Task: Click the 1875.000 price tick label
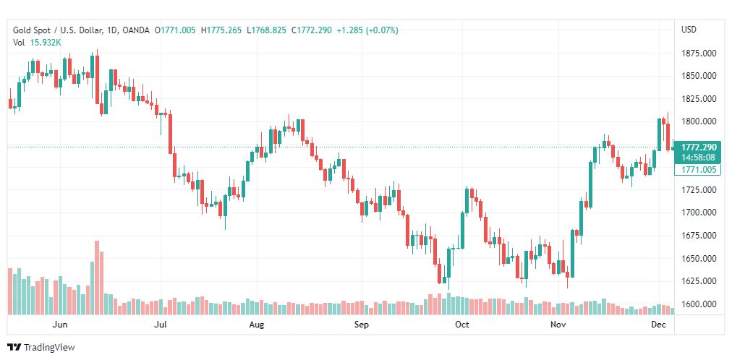pyautogui.click(x=698, y=53)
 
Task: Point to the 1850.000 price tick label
pyautogui.click(x=698, y=75)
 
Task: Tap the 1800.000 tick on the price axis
pyautogui.click(x=698, y=121)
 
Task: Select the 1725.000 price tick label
pyautogui.click(x=698, y=189)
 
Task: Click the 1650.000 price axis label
pyautogui.click(x=698, y=258)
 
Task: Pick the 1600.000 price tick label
pyautogui.click(x=698, y=304)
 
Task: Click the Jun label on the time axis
pyautogui.click(x=61, y=325)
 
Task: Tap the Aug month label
pyautogui.click(x=258, y=325)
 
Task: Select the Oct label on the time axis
pyautogui.click(x=462, y=325)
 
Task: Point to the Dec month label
pyautogui.click(x=659, y=325)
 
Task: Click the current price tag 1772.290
pyautogui.click(x=698, y=147)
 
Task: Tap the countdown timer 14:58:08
pyautogui.click(x=698, y=157)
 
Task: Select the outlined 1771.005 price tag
pyautogui.click(x=698, y=170)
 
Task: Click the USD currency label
pyautogui.click(x=689, y=30)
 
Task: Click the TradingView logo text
pyautogui.click(x=49, y=347)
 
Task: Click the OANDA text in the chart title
pyautogui.click(x=136, y=30)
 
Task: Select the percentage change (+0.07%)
pyautogui.click(x=382, y=30)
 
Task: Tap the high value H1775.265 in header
pyautogui.click(x=221, y=30)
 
